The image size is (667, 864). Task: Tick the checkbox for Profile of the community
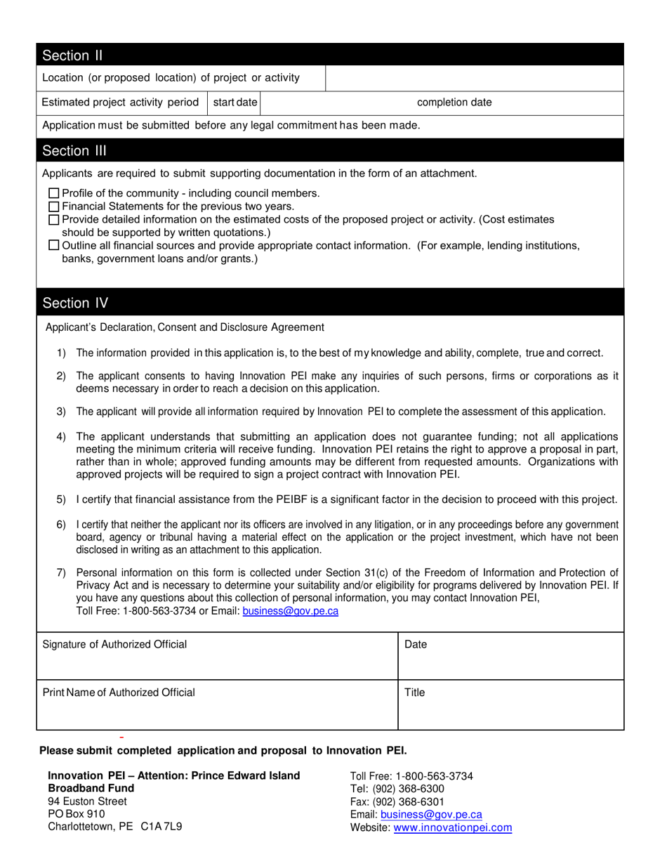click(54, 193)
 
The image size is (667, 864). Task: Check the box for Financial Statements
click(54, 207)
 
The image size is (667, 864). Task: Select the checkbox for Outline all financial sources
click(54, 245)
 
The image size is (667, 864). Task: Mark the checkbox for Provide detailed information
click(54, 220)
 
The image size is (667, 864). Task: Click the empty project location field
click(474, 78)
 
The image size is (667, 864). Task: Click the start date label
click(235, 103)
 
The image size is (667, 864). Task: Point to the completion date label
click(454, 103)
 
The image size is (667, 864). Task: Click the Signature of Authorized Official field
click(217, 656)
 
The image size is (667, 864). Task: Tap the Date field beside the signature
click(510, 656)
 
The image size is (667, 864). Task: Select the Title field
click(510, 705)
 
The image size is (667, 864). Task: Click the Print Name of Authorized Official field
click(217, 705)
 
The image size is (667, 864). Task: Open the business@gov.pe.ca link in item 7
click(290, 611)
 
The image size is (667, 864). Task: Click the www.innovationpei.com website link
click(452, 828)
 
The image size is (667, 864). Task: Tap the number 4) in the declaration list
click(61, 437)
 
